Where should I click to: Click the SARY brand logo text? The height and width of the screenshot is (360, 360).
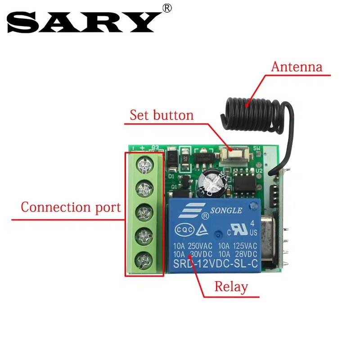coord(84,21)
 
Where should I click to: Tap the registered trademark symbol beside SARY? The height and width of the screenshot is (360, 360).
coord(167,8)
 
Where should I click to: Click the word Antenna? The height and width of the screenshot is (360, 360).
coord(297,67)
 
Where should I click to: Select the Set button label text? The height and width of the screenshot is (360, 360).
coord(162,115)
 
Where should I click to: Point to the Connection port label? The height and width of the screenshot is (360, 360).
coord(71,207)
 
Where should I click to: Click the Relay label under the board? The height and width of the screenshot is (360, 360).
coord(231,287)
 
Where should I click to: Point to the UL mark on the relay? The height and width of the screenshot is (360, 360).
coord(241,228)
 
